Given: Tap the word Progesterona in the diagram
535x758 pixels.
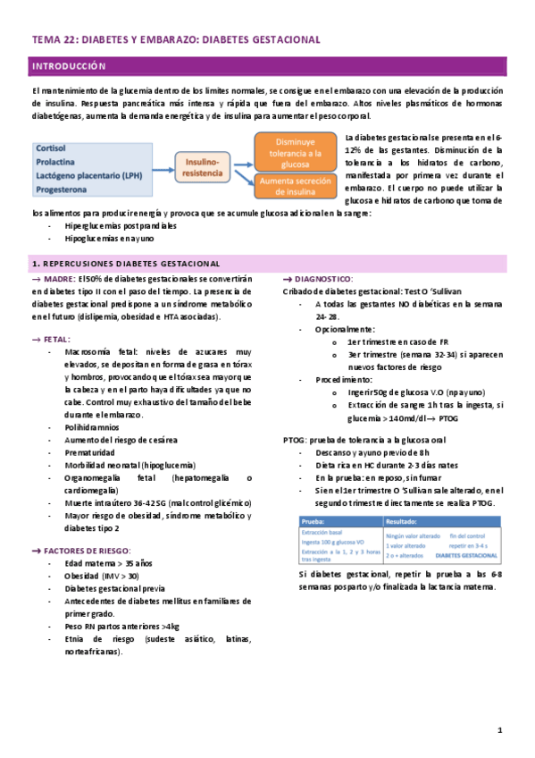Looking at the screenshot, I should click(x=62, y=189).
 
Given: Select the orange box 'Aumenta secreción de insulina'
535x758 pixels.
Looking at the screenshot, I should click(x=295, y=186).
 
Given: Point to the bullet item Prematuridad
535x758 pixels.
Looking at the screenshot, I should click(x=92, y=452).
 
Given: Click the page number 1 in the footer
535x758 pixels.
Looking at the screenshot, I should click(x=500, y=731).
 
